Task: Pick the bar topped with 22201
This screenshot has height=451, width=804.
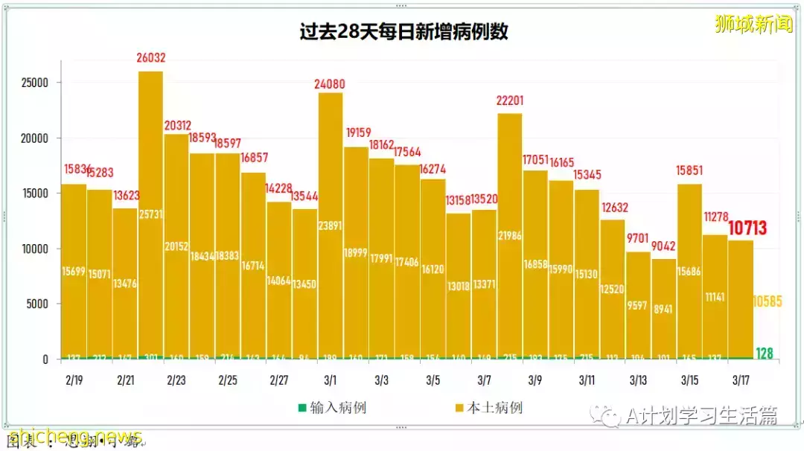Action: [510, 238]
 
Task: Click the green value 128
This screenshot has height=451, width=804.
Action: [765, 354]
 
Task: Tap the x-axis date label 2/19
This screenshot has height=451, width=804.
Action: [73, 380]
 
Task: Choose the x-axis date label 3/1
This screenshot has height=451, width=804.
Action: [330, 380]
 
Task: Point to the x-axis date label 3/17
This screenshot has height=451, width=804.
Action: [740, 380]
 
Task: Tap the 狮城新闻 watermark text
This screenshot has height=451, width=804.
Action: [753, 24]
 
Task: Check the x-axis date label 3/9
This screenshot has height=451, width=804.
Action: [535, 380]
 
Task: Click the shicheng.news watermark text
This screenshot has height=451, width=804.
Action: [74, 436]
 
